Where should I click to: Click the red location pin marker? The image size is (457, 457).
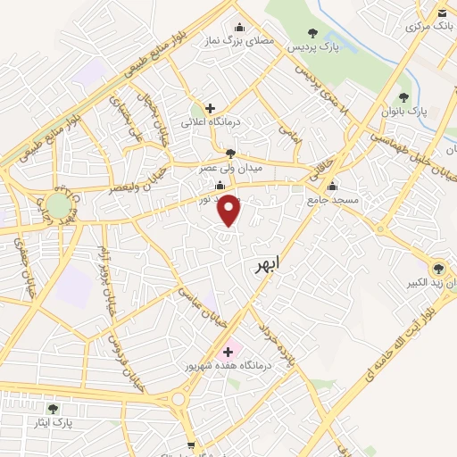[229, 209]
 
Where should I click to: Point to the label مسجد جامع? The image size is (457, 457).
[336, 200]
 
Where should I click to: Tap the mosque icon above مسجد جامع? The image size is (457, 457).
[332, 187]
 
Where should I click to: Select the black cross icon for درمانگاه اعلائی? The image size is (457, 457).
[210, 108]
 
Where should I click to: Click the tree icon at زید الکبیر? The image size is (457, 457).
[437, 268]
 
